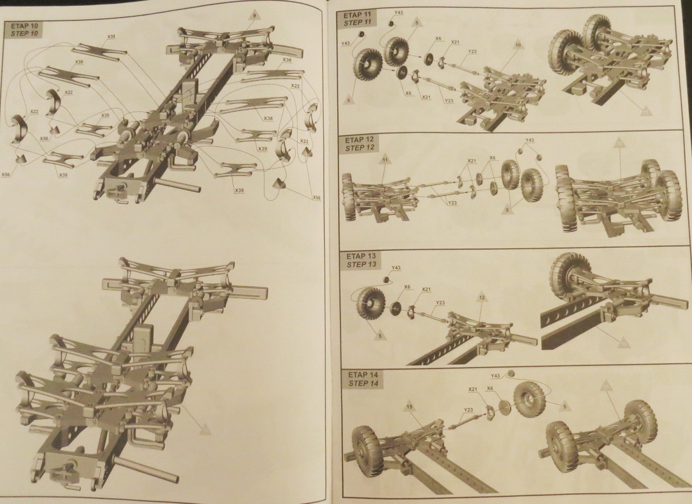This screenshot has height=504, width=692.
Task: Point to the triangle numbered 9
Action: pos(254,16)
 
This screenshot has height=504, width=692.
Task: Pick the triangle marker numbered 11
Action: pos(384,162)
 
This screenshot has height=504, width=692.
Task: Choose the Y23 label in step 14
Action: pos(467,410)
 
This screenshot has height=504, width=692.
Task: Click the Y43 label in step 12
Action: pos(529,141)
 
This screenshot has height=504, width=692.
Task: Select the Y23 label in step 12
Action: pos(452,203)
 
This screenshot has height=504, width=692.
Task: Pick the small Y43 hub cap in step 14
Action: pos(511,373)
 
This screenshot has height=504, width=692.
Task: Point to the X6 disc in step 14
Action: pos(504,408)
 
